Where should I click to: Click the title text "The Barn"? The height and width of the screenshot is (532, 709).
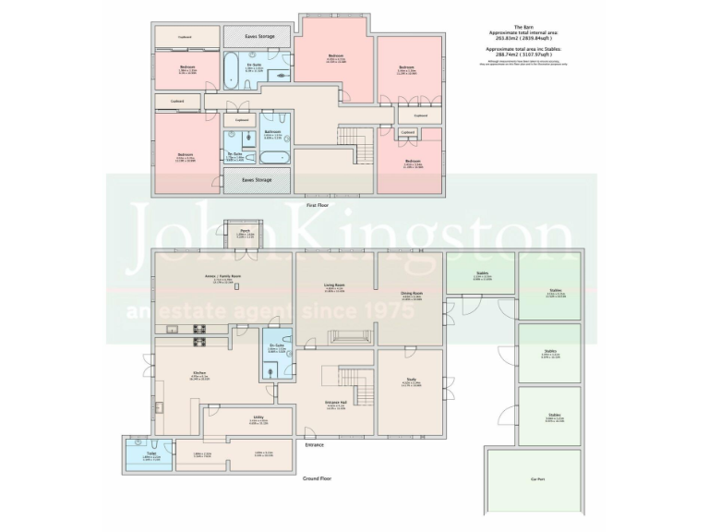pos(524,27)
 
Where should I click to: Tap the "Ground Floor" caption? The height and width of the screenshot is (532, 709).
pos(318,478)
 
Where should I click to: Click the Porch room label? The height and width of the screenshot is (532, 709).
pos(245,231)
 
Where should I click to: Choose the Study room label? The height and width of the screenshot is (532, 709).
pos(409,380)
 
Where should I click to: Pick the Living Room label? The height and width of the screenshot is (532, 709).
pos(334,285)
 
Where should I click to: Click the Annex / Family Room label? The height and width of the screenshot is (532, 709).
pos(222,276)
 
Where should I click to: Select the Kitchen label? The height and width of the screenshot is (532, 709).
pos(198,373)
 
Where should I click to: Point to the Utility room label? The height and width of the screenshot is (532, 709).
pos(258,417)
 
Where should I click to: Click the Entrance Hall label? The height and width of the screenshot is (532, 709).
pos(335,403)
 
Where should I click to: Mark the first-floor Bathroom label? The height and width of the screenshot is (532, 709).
pos(272,131)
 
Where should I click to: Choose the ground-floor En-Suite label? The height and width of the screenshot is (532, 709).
pos(276,346)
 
